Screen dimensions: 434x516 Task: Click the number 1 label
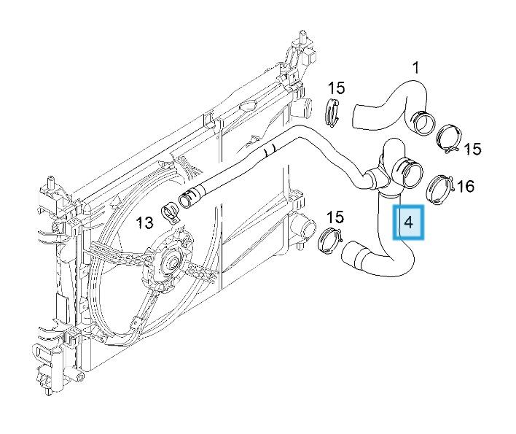pyautogui.click(x=415, y=69)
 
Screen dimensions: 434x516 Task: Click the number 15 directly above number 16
pyautogui.click(x=472, y=149)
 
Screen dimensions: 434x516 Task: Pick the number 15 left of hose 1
pyautogui.click(x=335, y=88)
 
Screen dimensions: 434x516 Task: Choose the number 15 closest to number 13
pyautogui.click(x=335, y=217)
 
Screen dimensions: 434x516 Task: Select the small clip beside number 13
pyautogui.click(x=171, y=210)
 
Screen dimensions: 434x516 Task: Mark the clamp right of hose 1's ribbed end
pyautogui.click(x=447, y=138)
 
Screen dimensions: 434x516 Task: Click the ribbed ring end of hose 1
pyautogui.click(x=420, y=120)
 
